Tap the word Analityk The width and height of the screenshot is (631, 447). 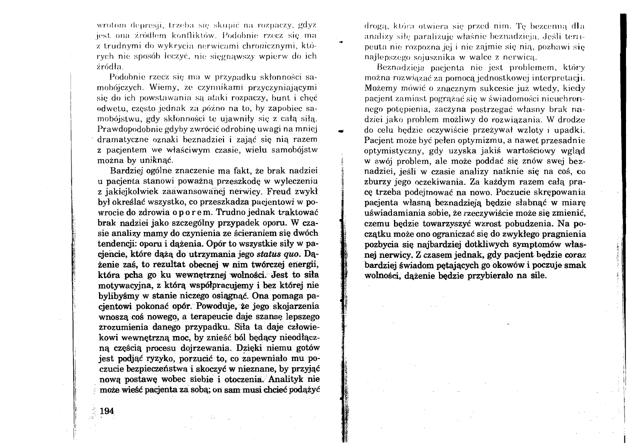pos(298,379)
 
